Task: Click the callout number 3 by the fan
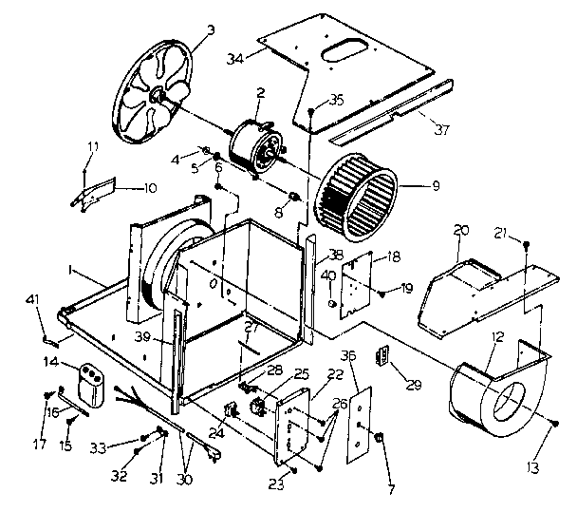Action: click(211, 28)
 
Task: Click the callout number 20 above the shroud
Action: click(462, 230)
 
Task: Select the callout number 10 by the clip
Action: click(149, 187)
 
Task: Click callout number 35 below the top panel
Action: click(335, 101)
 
